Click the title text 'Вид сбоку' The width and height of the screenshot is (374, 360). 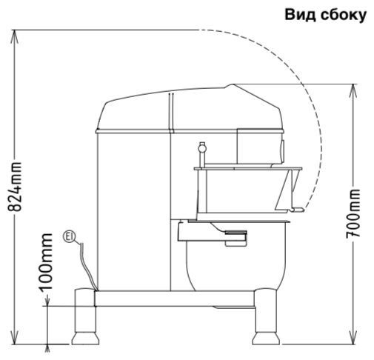325,15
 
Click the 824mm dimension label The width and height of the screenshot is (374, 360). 15,187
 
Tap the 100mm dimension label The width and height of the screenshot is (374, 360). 46,261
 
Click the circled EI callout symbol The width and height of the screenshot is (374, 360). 70,237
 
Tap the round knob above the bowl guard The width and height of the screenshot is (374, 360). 202,148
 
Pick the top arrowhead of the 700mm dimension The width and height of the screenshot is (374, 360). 353,91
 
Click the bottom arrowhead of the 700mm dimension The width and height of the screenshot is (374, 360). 353,337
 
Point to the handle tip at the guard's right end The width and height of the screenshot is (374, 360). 298,210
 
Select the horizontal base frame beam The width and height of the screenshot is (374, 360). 174,299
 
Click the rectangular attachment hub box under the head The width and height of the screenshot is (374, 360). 259,146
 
